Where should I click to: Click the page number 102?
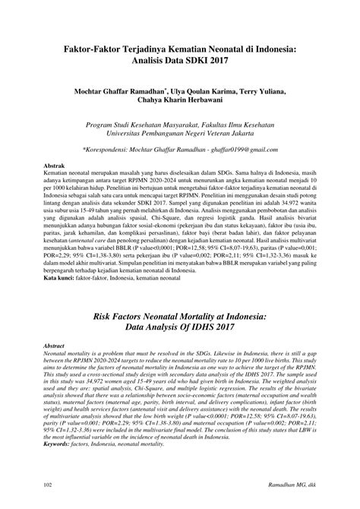tap(47, 485)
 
